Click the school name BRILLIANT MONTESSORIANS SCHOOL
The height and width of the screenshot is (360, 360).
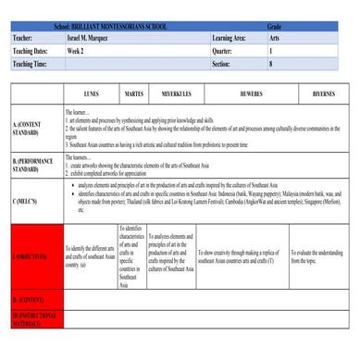(111, 27)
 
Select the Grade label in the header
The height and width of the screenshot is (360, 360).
(274, 27)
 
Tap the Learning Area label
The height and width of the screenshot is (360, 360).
(229, 39)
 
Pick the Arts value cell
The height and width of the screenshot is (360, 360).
(274, 39)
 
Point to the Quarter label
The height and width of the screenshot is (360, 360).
(223, 52)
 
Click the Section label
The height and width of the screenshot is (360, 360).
(221, 65)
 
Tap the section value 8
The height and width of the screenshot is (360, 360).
(270, 65)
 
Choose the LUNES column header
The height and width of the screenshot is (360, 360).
(91, 93)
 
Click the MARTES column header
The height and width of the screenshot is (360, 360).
(133, 93)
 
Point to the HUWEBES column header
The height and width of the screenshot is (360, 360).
(251, 93)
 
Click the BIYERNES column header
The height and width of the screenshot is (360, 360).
(323, 93)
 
